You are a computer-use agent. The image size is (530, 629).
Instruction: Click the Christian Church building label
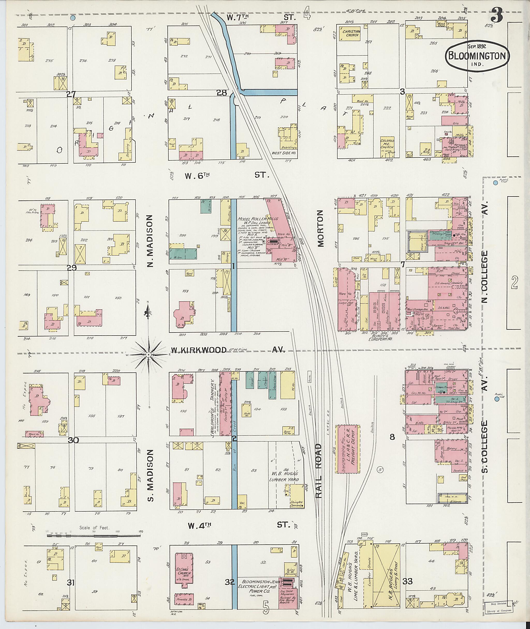pyautogui.click(x=352, y=33)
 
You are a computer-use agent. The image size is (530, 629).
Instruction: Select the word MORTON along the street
pyautogui.click(x=321, y=228)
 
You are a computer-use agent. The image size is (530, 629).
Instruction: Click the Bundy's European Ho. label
pyautogui.click(x=380, y=337)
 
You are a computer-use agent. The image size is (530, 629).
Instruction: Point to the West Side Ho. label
pyautogui.click(x=284, y=153)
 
